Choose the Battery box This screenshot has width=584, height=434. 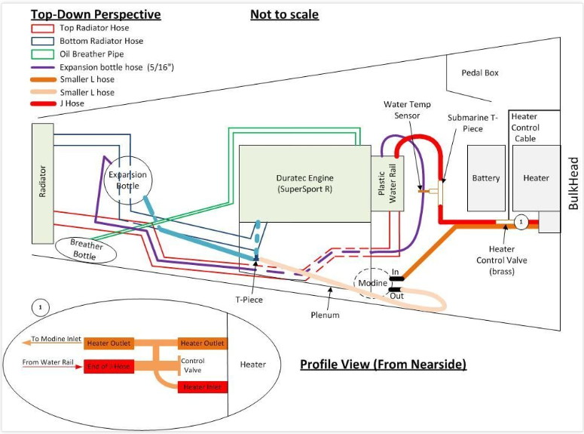coord(485,178)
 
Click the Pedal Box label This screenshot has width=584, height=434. coord(481,73)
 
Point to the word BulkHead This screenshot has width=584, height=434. coord(573,183)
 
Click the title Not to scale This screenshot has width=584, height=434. coord(284,14)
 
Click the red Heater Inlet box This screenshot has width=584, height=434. coord(202,386)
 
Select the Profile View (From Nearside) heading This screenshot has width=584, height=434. coord(383,365)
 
